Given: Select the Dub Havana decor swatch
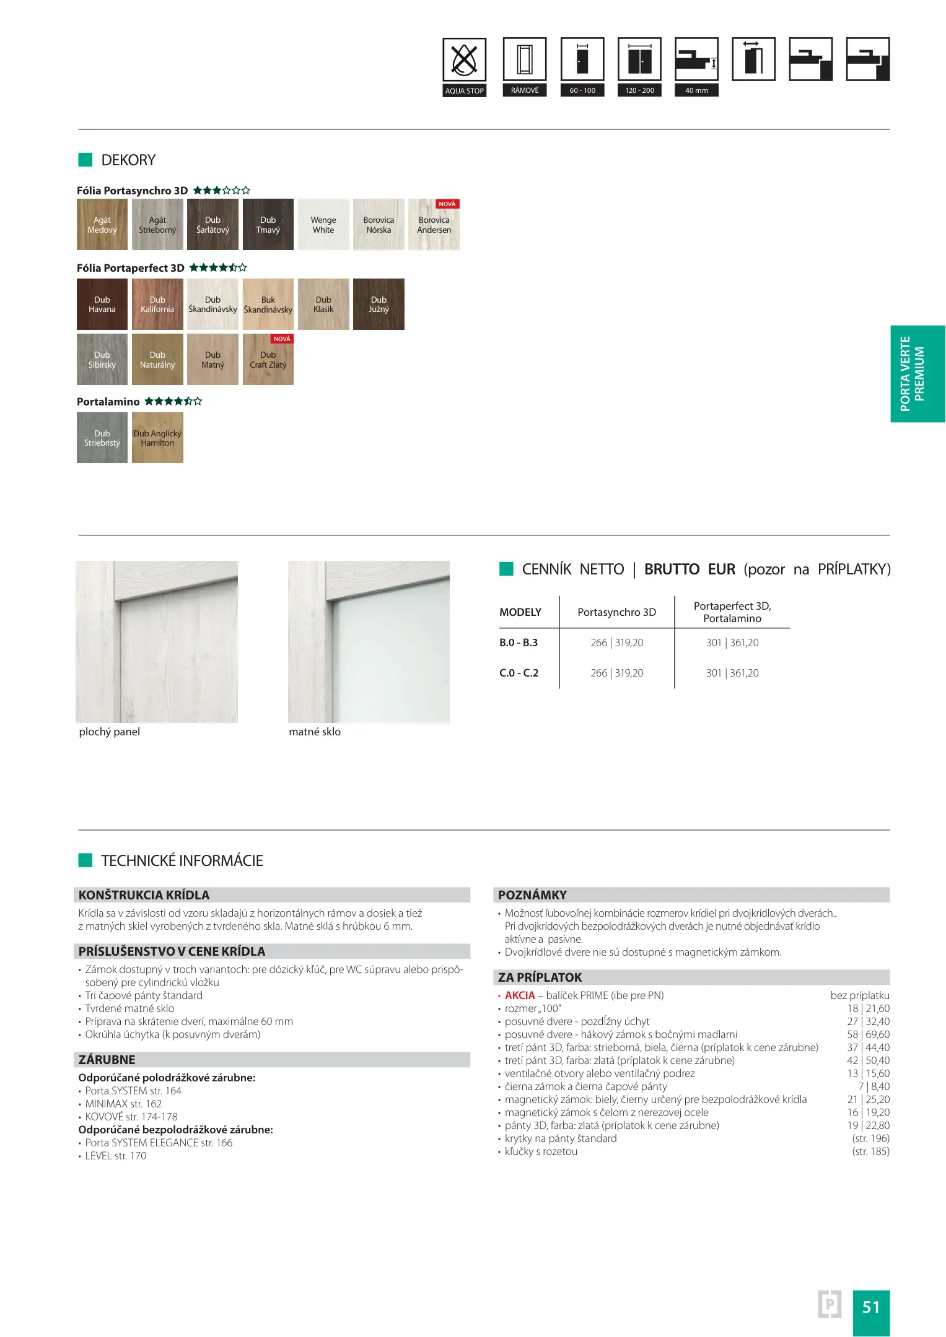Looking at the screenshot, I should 102,304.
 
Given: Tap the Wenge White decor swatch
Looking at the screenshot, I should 323,224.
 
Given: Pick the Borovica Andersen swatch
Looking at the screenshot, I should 434,224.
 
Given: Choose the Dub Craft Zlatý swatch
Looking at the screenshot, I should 268,360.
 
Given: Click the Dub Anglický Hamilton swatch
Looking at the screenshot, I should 157,438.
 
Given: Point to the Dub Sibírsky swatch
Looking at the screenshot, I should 102,360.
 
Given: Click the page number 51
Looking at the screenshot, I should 871,1307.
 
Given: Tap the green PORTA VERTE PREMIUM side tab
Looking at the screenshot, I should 917,374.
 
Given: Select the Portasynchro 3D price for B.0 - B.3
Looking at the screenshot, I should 616,643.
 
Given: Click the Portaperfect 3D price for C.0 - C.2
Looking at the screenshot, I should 732,673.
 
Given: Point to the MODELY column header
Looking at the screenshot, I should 520,612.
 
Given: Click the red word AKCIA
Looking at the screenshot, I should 520,995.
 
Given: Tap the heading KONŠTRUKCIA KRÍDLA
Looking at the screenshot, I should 144,895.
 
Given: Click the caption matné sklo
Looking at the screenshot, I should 315,732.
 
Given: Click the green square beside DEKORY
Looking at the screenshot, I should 85,160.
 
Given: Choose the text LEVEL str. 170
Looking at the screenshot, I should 115,1156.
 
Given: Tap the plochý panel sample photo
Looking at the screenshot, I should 157,642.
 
